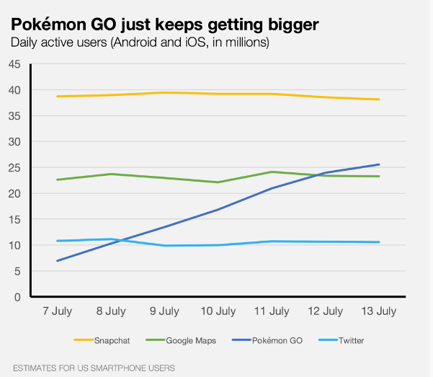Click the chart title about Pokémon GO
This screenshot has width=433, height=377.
(164, 25)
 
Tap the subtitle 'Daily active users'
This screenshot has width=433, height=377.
(140, 43)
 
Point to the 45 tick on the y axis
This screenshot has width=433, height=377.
(14, 64)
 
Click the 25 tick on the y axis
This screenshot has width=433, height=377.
(14, 167)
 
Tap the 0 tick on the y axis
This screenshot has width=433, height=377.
(17, 296)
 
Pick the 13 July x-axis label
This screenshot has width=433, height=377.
(379, 311)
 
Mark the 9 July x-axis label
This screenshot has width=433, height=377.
(164, 311)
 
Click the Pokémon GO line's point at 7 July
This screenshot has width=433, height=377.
(57, 260)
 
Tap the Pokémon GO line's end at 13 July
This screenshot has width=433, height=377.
(379, 164)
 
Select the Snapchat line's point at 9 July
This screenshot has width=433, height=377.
(164, 92)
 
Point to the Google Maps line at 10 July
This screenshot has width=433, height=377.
(218, 182)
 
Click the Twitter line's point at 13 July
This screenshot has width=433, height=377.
(379, 242)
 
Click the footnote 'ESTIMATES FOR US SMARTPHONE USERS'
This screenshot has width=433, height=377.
(94, 368)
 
